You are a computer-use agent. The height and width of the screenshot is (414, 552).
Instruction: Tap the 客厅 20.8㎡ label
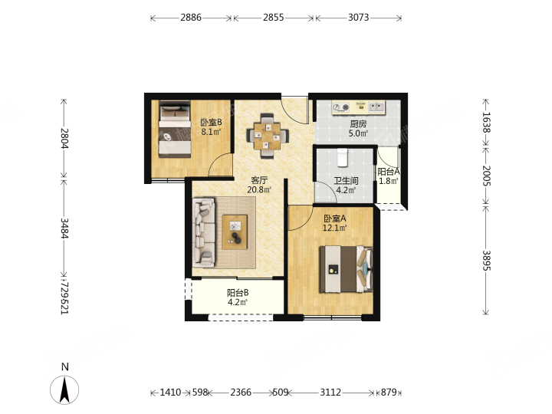pyautogui.click(x=259, y=185)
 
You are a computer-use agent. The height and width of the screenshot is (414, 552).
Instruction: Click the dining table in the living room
pyautogui.click(x=268, y=136)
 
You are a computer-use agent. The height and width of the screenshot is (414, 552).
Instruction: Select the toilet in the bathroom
pyautogui.click(x=343, y=157)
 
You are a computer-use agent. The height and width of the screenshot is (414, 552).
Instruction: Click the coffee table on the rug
pyautogui.click(x=235, y=232)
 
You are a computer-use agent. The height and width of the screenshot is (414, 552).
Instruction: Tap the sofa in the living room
pyautogui.click(x=204, y=232)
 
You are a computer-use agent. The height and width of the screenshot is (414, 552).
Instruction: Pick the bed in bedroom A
pyautogui.click(x=346, y=269)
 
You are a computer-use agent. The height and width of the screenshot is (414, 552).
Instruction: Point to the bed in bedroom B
pyautogui.click(x=175, y=130)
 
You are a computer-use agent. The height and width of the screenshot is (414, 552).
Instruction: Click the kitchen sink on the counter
pyautogui.click(x=376, y=107)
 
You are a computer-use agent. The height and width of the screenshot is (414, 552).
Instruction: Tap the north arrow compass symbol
pyautogui.click(x=64, y=389)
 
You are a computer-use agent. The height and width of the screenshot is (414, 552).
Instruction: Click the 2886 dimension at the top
pyautogui.click(x=191, y=17)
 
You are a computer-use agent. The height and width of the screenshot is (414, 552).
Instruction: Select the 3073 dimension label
pyautogui.click(x=358, y=17)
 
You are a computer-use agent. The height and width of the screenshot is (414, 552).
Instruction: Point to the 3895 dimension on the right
pyautogui.click(x=486, y=261)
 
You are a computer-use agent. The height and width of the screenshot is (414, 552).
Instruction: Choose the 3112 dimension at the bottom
pyautogui.click(x=330, y=393)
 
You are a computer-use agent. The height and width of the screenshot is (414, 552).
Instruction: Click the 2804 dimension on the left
pyautogui.click(x=64, y=138)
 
